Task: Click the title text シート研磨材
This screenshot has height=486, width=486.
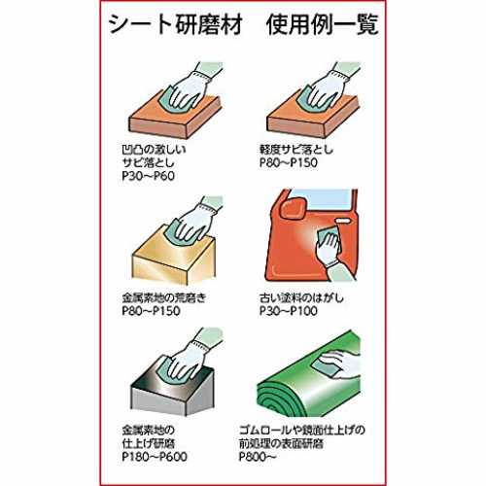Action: (176, 24)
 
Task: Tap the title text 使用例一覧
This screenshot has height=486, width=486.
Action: (323, 24)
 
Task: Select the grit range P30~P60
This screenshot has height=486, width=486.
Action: (149, 176)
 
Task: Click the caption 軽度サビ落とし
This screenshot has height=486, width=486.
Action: (296, 150)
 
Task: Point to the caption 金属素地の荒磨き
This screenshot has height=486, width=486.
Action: (164, 297)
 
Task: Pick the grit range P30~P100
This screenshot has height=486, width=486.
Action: (289, 311)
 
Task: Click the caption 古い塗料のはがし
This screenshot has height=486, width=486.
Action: (301, 297)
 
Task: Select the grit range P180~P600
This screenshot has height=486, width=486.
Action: (155, 457)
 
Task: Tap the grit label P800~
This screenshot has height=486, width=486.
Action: (258, 457)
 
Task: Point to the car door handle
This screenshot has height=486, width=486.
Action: (343, 221)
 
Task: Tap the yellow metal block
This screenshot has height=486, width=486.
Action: (174, 256)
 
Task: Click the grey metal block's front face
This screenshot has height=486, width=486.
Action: (158, 401)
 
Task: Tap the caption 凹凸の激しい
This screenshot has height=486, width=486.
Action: (154, 150)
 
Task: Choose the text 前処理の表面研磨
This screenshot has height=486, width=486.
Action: (281, 443)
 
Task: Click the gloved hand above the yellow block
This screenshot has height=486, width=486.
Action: (194, 221)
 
